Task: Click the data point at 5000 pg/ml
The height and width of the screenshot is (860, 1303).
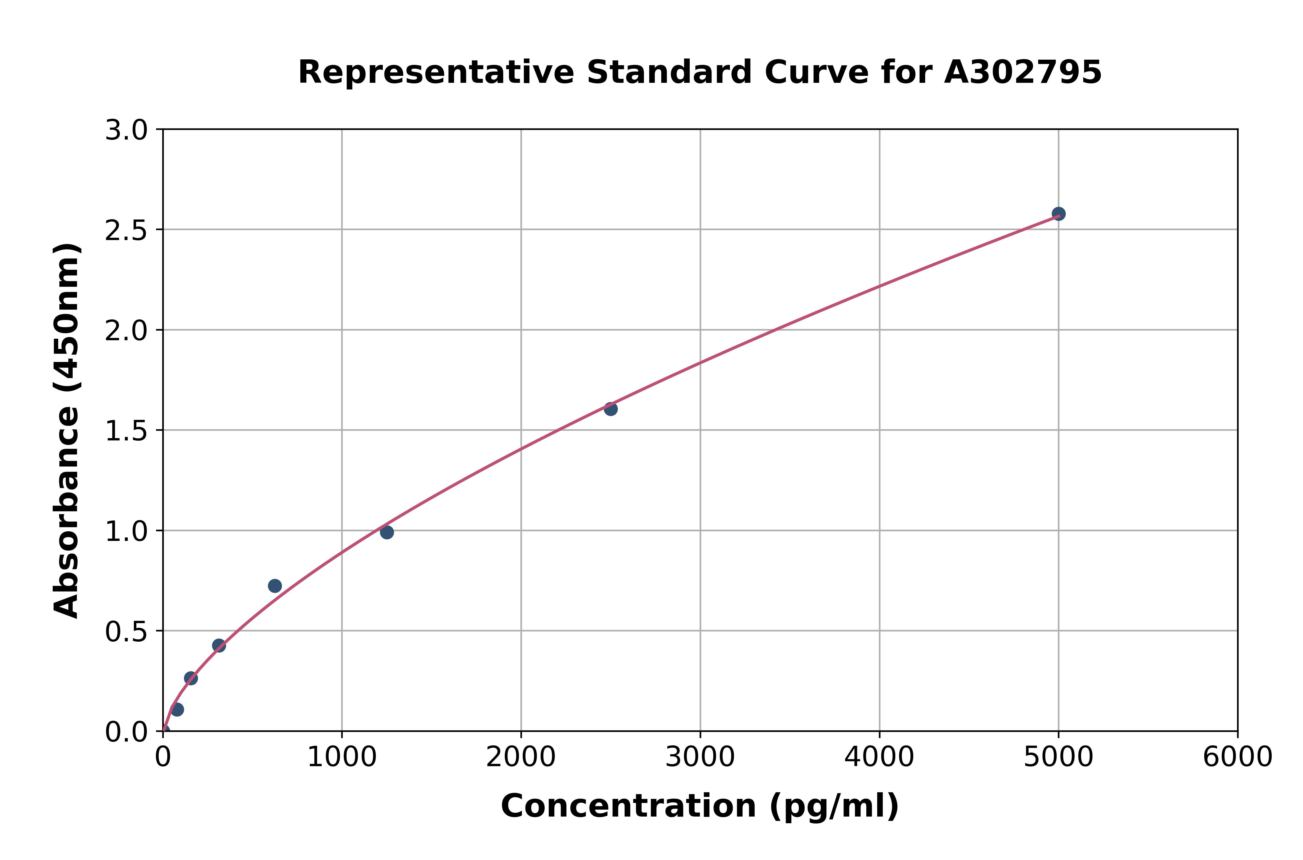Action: pos(1058,214)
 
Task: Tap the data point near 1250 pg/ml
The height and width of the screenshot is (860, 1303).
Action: pos(387,532)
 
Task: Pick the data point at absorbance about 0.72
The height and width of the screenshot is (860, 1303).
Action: pos(275,586)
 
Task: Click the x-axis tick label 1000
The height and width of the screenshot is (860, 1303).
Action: pos(342,757)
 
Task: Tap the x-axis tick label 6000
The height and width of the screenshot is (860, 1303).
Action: pos(1237,757)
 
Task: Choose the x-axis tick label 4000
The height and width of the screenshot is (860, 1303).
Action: pos(879,757)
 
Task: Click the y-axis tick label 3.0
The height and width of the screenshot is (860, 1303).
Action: pos(126,131)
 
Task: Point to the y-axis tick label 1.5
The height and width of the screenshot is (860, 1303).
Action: pos(126,431)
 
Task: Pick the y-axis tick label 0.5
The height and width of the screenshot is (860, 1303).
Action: pos(126,632)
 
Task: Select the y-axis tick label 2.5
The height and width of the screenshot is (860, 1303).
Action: pos(126,231)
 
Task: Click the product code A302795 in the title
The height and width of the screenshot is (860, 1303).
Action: pos(1023,72)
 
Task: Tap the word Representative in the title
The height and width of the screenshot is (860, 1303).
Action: pos(436,72)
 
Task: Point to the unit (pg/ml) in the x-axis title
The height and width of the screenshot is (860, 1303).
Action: pos(834,806)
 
